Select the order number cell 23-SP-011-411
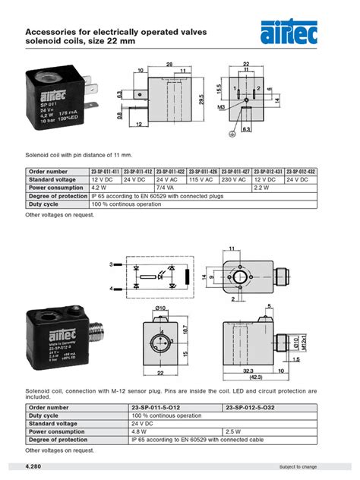coord(106,172)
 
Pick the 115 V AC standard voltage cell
coord(204,179)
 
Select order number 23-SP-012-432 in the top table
coord(302,172)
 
